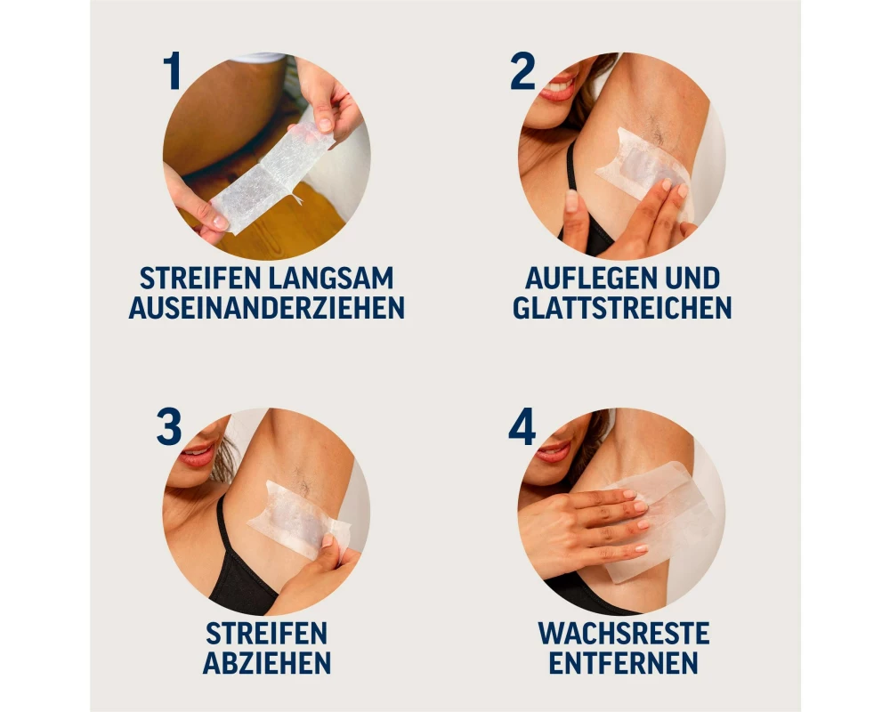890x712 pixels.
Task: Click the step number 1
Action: [172, 71]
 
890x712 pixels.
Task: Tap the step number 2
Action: [522, 71]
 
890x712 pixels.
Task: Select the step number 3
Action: [169, 426]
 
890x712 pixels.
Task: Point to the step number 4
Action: [522, 426]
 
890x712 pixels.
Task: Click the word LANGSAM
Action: [331, 279]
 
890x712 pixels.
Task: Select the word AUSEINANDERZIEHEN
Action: [267, 308]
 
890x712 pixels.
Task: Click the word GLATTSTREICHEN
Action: [623, 308]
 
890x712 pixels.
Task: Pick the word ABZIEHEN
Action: [267, 662]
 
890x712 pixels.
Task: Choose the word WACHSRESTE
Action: [624, 633]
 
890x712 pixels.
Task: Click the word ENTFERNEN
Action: [623, 662]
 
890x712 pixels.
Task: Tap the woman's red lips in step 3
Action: [197, 454]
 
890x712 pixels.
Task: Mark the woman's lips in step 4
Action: [553, 451]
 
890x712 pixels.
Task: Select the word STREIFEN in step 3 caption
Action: [267, 633]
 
